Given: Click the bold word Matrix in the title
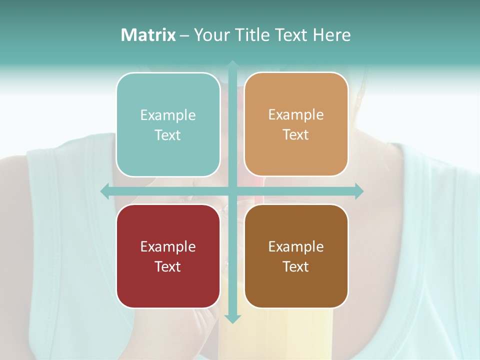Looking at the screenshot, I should pyautogui.click(x=148, y=35).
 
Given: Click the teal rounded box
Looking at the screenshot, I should pyautogui.click(x=168, y=124).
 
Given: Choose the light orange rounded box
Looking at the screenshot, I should pyautogui.click(x=296, y=124).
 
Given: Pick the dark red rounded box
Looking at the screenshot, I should pyautogui.click(x=168, y=256).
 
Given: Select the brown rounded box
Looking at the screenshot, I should pyautogui.click(x=296, y=256).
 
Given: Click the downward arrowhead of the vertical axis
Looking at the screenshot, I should pyautogui.click(x=232, y=318).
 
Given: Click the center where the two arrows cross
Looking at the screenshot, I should pyautogui.click(x=232, y=191).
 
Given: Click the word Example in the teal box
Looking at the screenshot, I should pyautogui.click(x=168, y=115).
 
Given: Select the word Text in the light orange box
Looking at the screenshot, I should pyautogui.click(x=296, y=135).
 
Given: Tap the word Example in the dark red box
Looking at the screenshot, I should pyautogui.click(x=168, y=246).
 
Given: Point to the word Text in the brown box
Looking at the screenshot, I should pyautogui.click(x=296, y=266).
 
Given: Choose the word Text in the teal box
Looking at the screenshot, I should pyautogui.click(x=168, y=135).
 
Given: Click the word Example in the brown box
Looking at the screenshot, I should pyautogui.click(x=296, y=246).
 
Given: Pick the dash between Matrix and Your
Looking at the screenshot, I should pyautogui.click(x=184, y=35).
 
